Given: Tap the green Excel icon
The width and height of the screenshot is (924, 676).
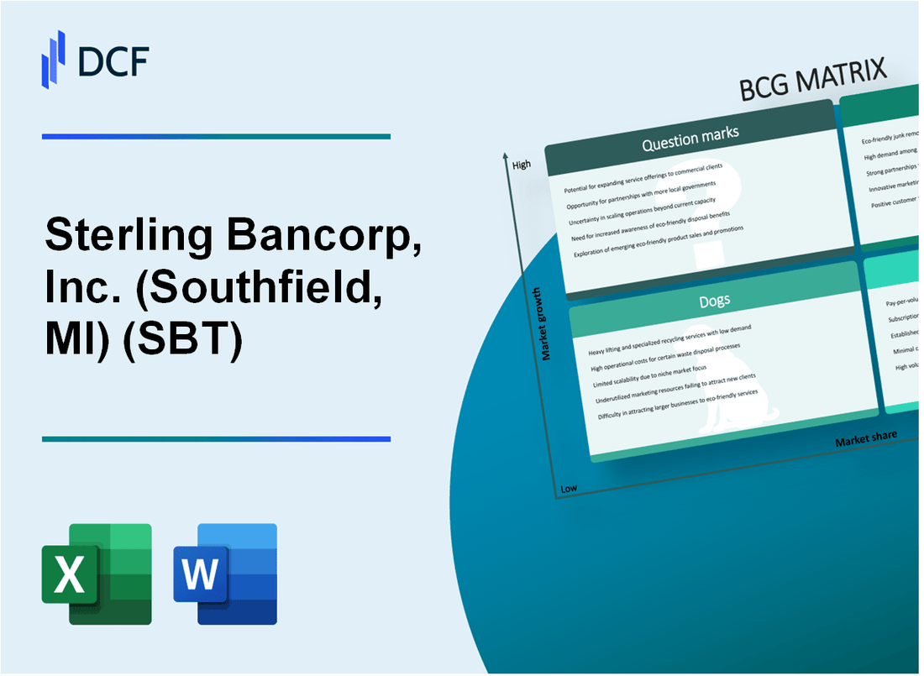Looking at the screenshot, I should click(97, 574).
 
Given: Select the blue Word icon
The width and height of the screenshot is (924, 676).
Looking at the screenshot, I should click(225, 574).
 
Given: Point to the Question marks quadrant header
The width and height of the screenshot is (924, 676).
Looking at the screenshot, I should click(690, 139).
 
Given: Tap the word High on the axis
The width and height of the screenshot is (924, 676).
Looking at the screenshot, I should click(521, 165).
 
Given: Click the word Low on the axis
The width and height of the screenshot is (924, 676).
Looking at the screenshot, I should click(569, 488).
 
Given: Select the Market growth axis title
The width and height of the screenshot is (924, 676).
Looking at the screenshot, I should click(546, 323).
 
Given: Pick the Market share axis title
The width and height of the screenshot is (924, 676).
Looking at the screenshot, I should click(865, 438).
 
